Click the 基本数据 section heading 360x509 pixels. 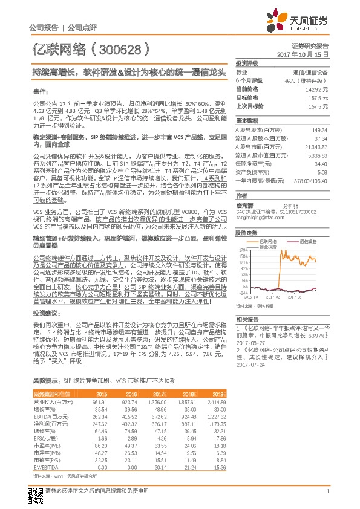pos(247,120)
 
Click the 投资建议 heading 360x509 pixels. pos(46,313)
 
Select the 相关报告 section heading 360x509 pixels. pos(247,319)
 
